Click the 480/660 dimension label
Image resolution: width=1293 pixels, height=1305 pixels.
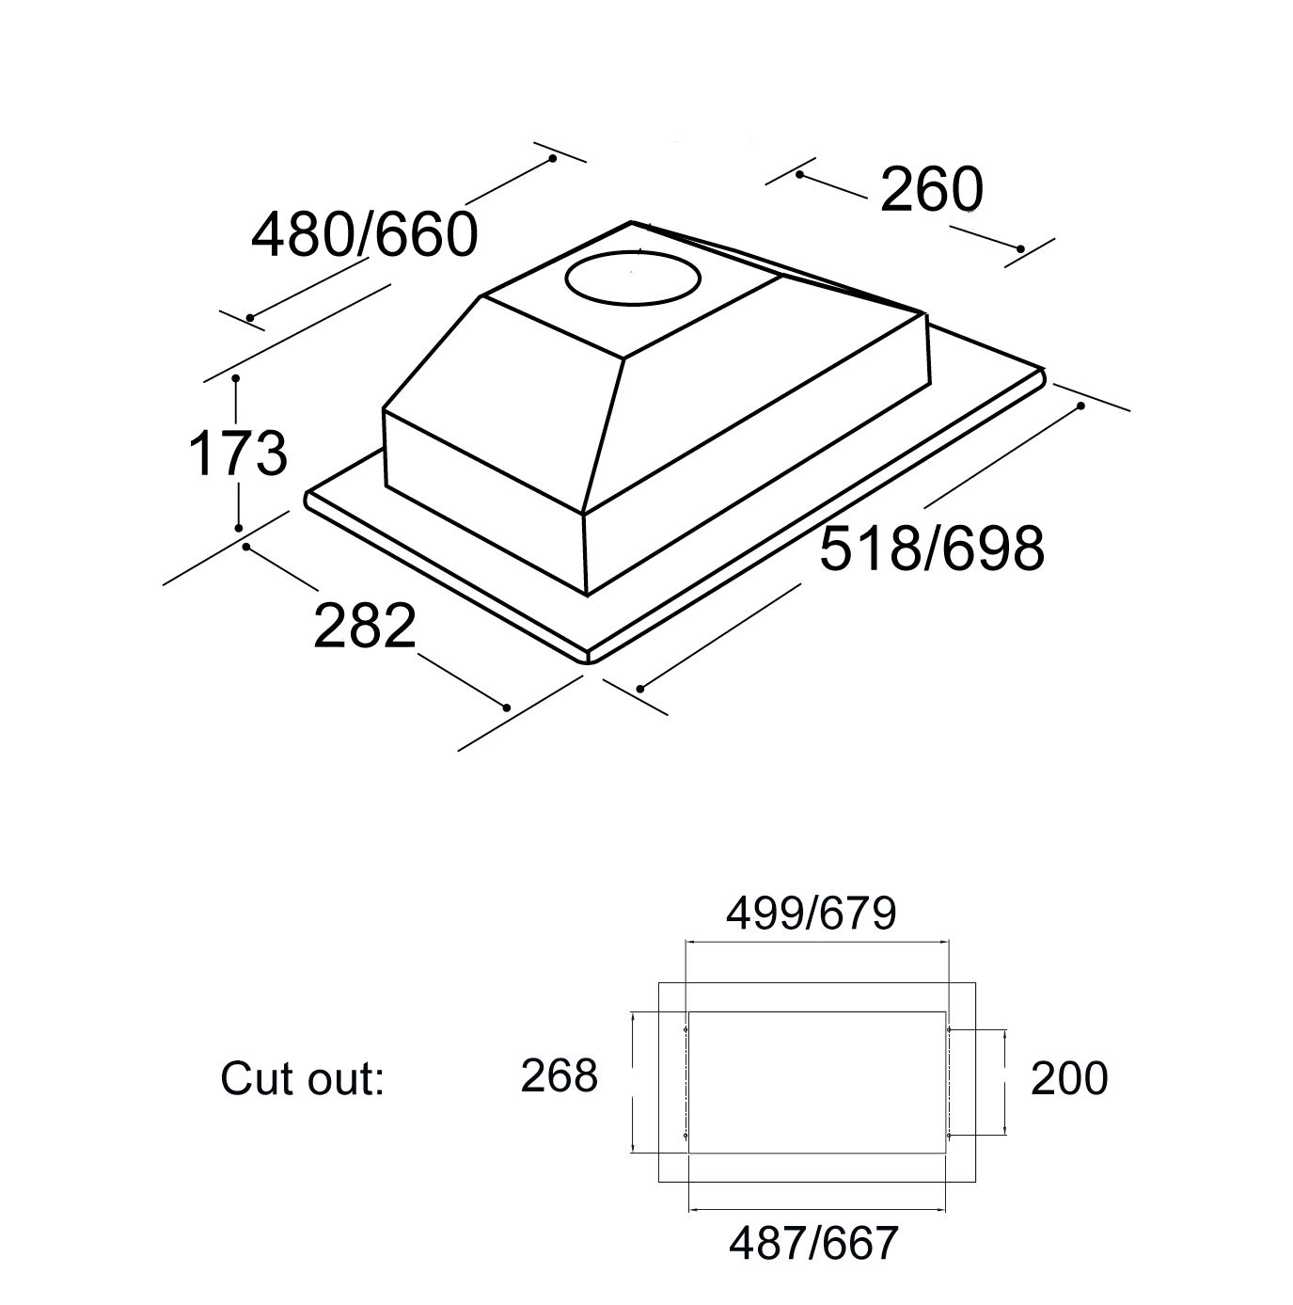pos(364,235)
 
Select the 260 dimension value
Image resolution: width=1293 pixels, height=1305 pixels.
pos(931,189)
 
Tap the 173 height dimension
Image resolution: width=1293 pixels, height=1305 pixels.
pos(238,454)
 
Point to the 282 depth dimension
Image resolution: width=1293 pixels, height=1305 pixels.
pos(365,626)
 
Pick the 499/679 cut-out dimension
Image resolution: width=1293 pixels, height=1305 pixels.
pos(811,914)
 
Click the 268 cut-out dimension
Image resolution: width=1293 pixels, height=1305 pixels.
pos(560,1075)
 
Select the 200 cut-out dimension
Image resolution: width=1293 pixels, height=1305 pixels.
pos(1069,1078)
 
